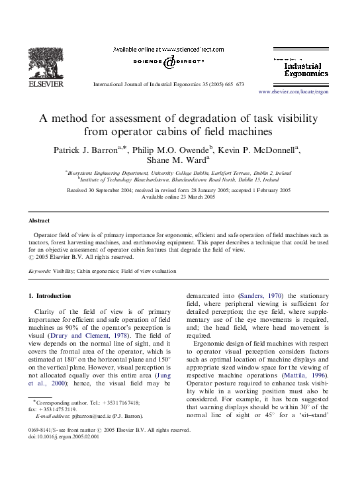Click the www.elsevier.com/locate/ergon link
point(292,92)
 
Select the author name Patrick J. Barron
point(84,150)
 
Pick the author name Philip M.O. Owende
point(169,150)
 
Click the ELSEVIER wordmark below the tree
point(44,84)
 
